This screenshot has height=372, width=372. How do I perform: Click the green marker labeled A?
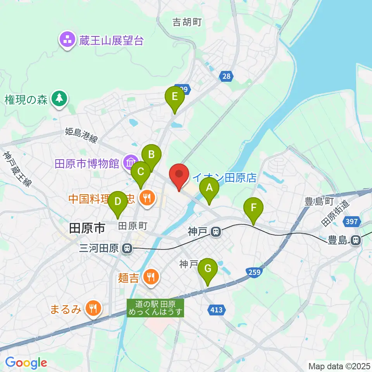pos(209,189)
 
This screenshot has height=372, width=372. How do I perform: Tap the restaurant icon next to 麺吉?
pos(150,277)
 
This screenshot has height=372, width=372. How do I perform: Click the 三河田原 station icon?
pos(126,248)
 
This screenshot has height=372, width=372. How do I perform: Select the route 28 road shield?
pos(226,76)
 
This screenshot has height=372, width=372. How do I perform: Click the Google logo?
pos(26,363)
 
